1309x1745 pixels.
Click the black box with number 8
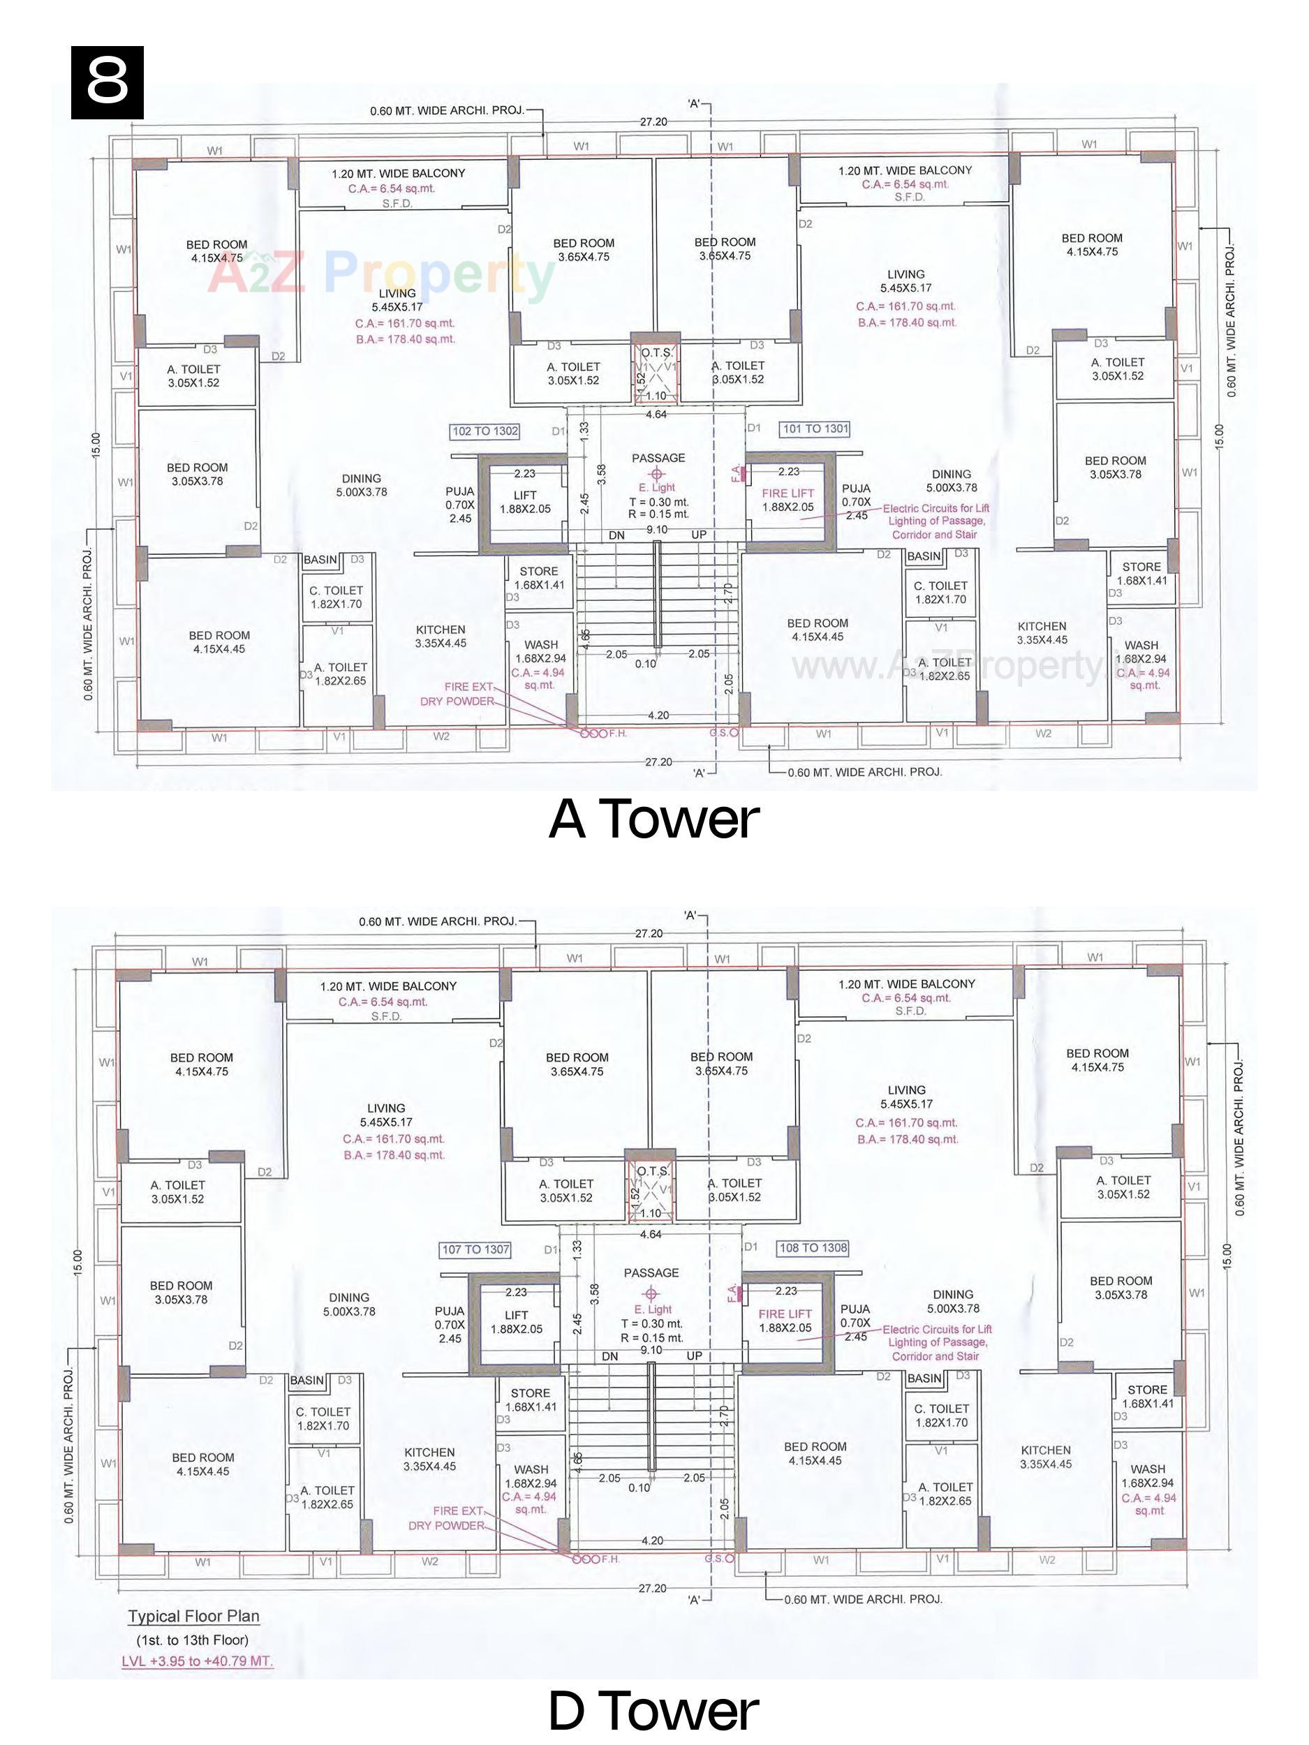[108, 82]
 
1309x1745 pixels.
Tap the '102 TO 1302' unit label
[485, 431]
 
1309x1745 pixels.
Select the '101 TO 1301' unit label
[815, 429]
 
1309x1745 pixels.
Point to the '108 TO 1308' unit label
[813, 1247]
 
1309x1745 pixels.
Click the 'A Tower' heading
[653, 819]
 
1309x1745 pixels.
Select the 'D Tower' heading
[653, 1708]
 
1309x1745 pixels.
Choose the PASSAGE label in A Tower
[658, 459]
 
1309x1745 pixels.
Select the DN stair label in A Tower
[617, 535]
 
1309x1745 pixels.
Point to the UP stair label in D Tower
[695, 1356]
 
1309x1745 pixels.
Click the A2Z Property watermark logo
[383, 274]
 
